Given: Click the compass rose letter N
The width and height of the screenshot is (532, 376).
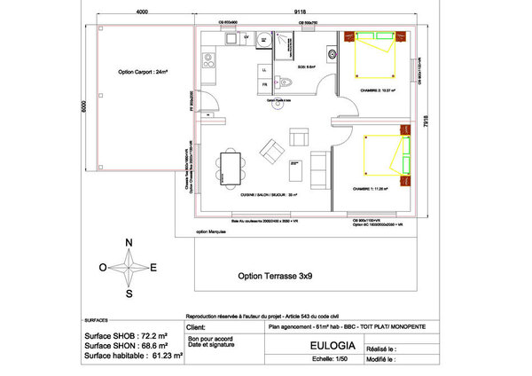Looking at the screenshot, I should tap(129, 243).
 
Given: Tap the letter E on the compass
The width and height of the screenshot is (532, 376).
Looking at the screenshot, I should tap(153, 267).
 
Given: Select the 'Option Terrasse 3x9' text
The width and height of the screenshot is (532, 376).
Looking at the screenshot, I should tap(275, 276).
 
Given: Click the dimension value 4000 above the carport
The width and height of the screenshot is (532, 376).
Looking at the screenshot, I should tap(142, 12).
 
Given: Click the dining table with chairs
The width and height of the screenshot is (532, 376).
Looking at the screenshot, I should tap(231, 166).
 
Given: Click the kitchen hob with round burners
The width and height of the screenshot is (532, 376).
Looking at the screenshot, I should tap(209, 61).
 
